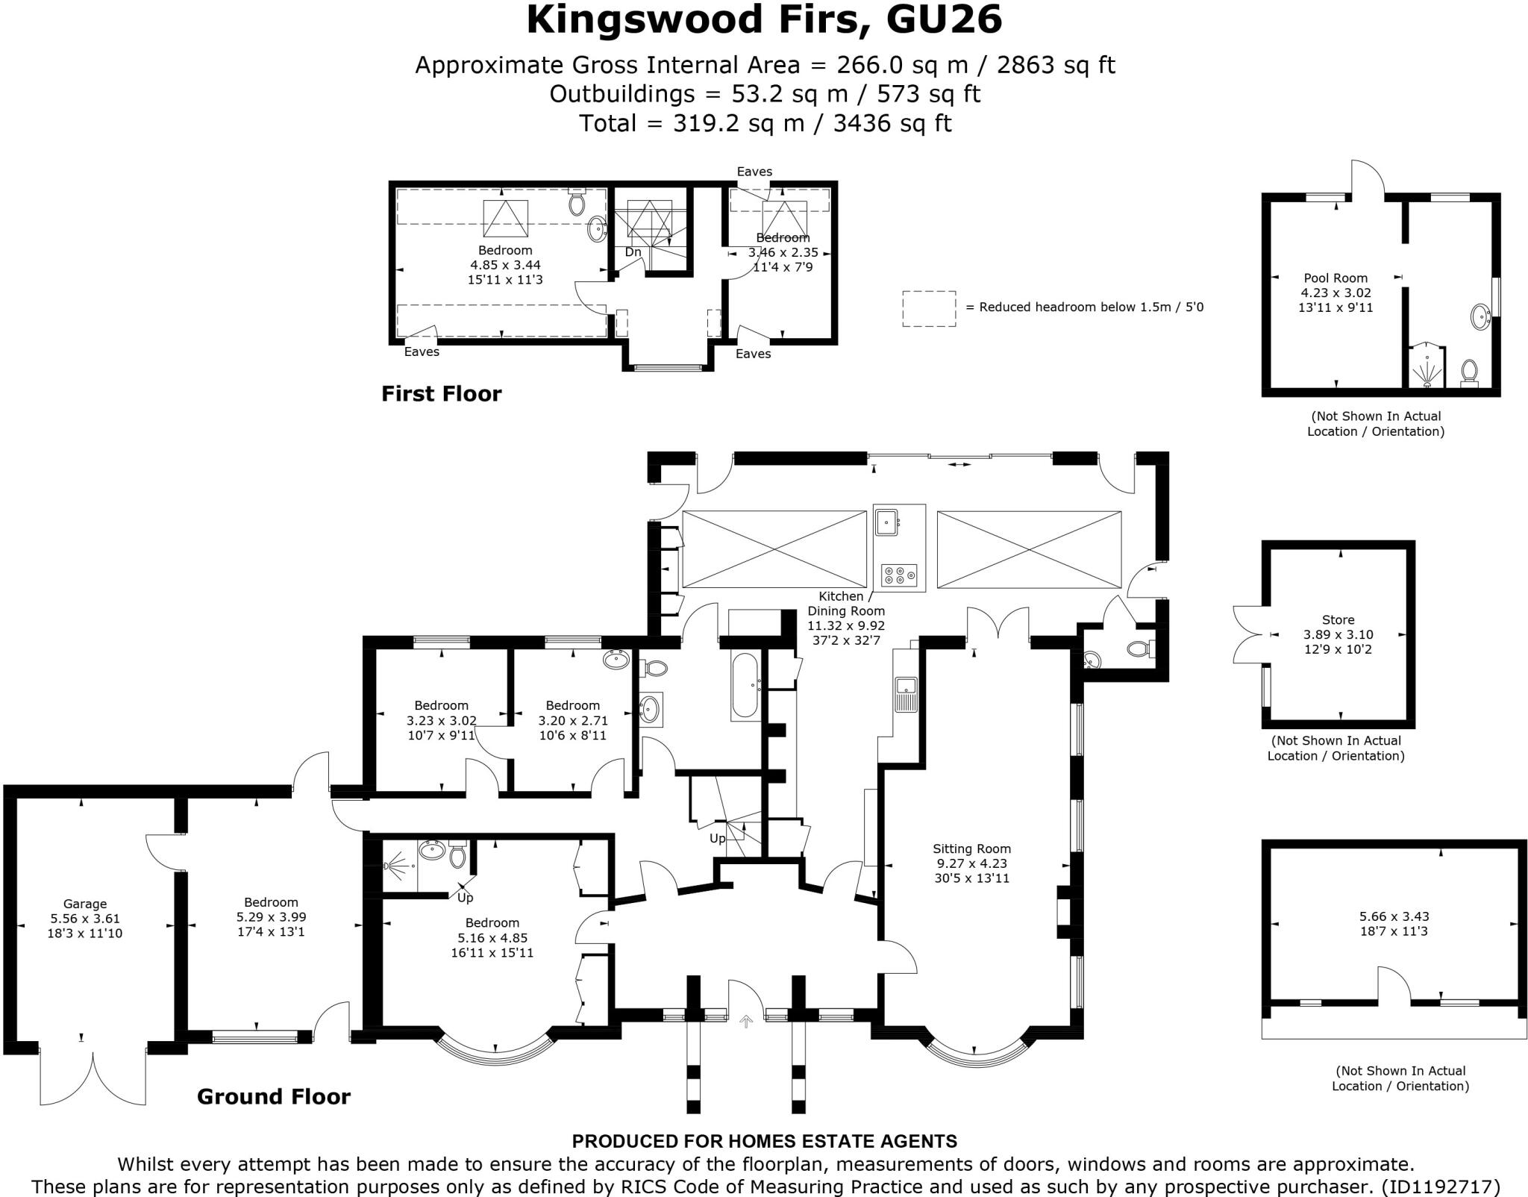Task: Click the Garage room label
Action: [84, 904]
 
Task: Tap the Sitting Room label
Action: [971, 848]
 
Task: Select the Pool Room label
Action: [1336, 278]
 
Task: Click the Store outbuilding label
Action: [1338, 619]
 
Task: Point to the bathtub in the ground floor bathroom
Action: [745, 686]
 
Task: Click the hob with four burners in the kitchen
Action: [899, 575]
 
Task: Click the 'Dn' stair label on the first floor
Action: [633, 252]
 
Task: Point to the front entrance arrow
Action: [745, 1022]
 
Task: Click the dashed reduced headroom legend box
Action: [929, 308]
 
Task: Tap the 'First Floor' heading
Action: [441, 393]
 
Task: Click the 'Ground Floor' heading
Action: [273, 1096]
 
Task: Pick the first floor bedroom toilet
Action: [577, 201]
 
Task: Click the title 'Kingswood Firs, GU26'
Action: [764, 20]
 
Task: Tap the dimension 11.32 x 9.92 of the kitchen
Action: [845, 625]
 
